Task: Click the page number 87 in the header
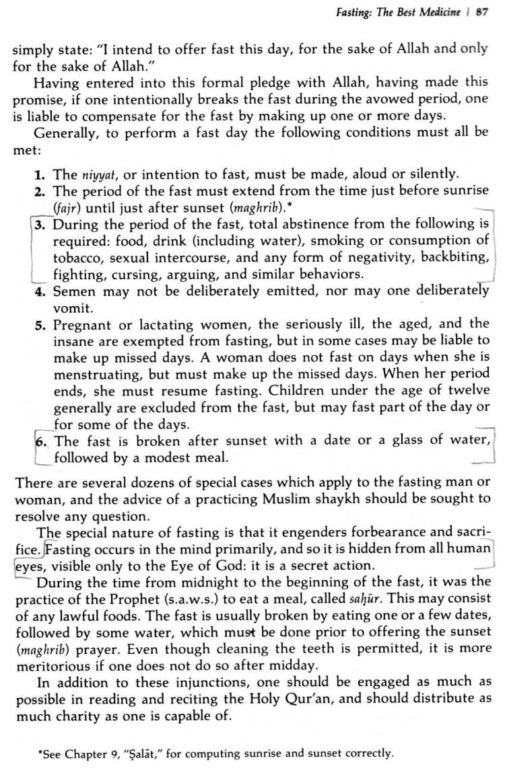click(x=481, y=11)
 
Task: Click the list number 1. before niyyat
click(x=41, y=174)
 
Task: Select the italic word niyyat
click(x=95, y=175)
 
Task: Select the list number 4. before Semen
click(x=41, y=291)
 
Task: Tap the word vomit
click(x=70, y=308)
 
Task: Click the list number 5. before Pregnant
click(x=41, y=325)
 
